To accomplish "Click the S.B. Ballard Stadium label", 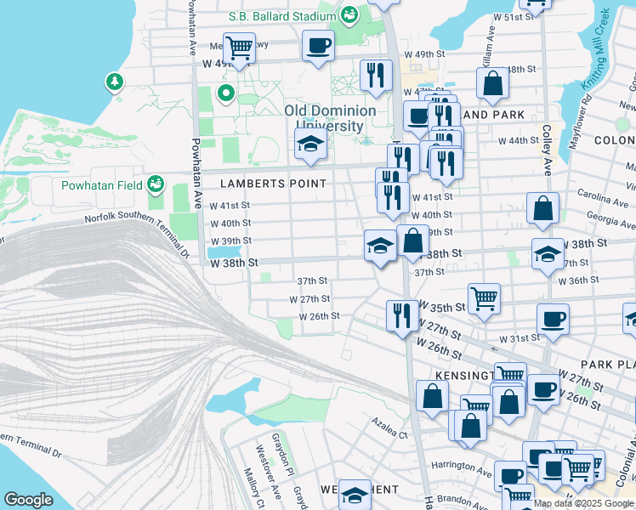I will point(283,16).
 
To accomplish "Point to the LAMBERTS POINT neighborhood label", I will point(273,184).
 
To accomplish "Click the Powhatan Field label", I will point(99,184).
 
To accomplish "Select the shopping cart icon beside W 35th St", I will point(484,297).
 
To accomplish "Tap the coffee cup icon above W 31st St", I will point(553,320).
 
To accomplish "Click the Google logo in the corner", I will point(29,500).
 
